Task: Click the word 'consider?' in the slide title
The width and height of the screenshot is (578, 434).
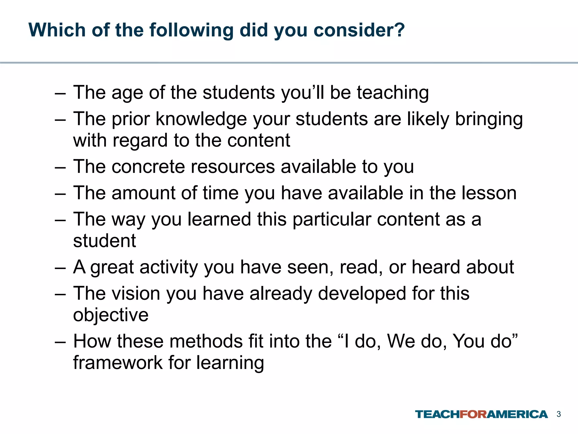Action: pyautogui.click(x=359, y=30)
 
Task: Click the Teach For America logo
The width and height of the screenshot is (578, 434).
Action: pyautogui.click(x=481, y=414)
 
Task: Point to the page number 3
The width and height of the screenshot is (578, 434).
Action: pyautogui.click(x=559, y=414)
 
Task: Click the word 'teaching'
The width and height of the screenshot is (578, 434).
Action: pyautogui.click(x=393, y=93)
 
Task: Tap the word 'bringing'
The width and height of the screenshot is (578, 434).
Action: pyautogui.click(x=489, y=120)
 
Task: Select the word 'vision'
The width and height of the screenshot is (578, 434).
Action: pyautogui.click(x=136, y=293)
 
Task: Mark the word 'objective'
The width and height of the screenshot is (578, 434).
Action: pyautogui.click(x=111, y=315)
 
